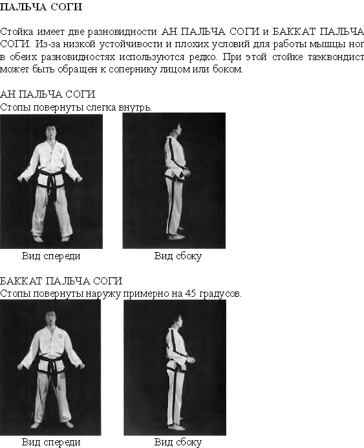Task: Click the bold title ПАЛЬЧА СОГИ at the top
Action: [41, 7]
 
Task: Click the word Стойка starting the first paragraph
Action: [17, 32]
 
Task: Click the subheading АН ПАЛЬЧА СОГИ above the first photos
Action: [47, 94]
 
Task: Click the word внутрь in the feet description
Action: [135, 107]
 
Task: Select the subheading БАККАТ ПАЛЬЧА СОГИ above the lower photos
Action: [61, 281]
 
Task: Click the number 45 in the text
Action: [191, 293]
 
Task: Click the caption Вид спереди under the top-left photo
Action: [51, 256]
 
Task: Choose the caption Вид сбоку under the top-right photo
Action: [178, 256]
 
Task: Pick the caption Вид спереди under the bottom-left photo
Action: [51, 442]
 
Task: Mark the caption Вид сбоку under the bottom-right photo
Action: [178, 442]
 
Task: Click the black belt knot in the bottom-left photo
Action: [52, 363]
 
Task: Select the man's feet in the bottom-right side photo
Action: [177, 427]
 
